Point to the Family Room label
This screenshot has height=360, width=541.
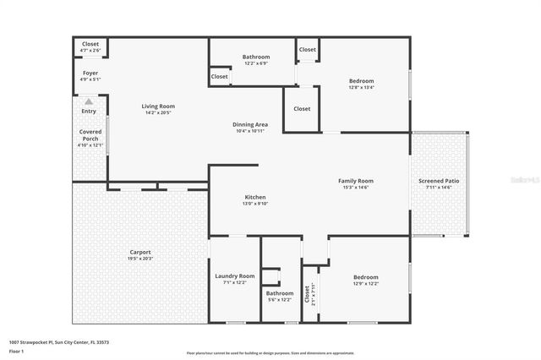point(356,181)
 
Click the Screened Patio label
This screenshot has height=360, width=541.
point(439,181)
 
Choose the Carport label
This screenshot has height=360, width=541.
point(140,252)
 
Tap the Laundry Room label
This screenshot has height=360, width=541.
point(235,276)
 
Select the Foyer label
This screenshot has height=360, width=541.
point(90,74)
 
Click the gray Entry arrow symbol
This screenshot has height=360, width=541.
point(89,101)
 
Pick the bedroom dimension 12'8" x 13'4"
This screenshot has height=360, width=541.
point(360,87)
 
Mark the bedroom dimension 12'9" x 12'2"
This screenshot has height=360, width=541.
point(365,283)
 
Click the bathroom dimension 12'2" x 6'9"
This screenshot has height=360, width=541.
point(255,63)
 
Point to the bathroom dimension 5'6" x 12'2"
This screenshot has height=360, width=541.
point(279,300)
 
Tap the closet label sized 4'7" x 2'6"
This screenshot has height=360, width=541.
point(90,51)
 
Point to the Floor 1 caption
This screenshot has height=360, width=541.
point(17,350)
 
